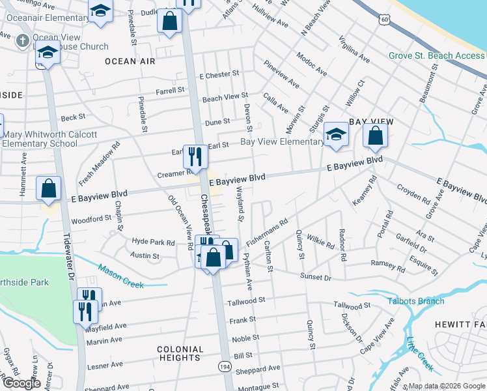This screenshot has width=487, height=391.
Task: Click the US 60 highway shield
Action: pos(385,21)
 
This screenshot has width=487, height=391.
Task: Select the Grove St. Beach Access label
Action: pos(436,55)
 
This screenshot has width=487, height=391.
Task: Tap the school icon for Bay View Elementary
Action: pos(336,134)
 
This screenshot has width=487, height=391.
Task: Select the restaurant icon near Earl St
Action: pos(195,156)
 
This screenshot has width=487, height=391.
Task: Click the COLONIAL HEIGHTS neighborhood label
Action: pos(180,353)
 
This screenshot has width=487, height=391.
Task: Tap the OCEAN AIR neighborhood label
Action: pos(130,61)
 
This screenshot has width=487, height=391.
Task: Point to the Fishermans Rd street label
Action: pos(266,233)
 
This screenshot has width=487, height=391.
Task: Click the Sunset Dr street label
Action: pos(316,277)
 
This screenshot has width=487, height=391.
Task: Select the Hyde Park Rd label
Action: pos(154,242)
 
